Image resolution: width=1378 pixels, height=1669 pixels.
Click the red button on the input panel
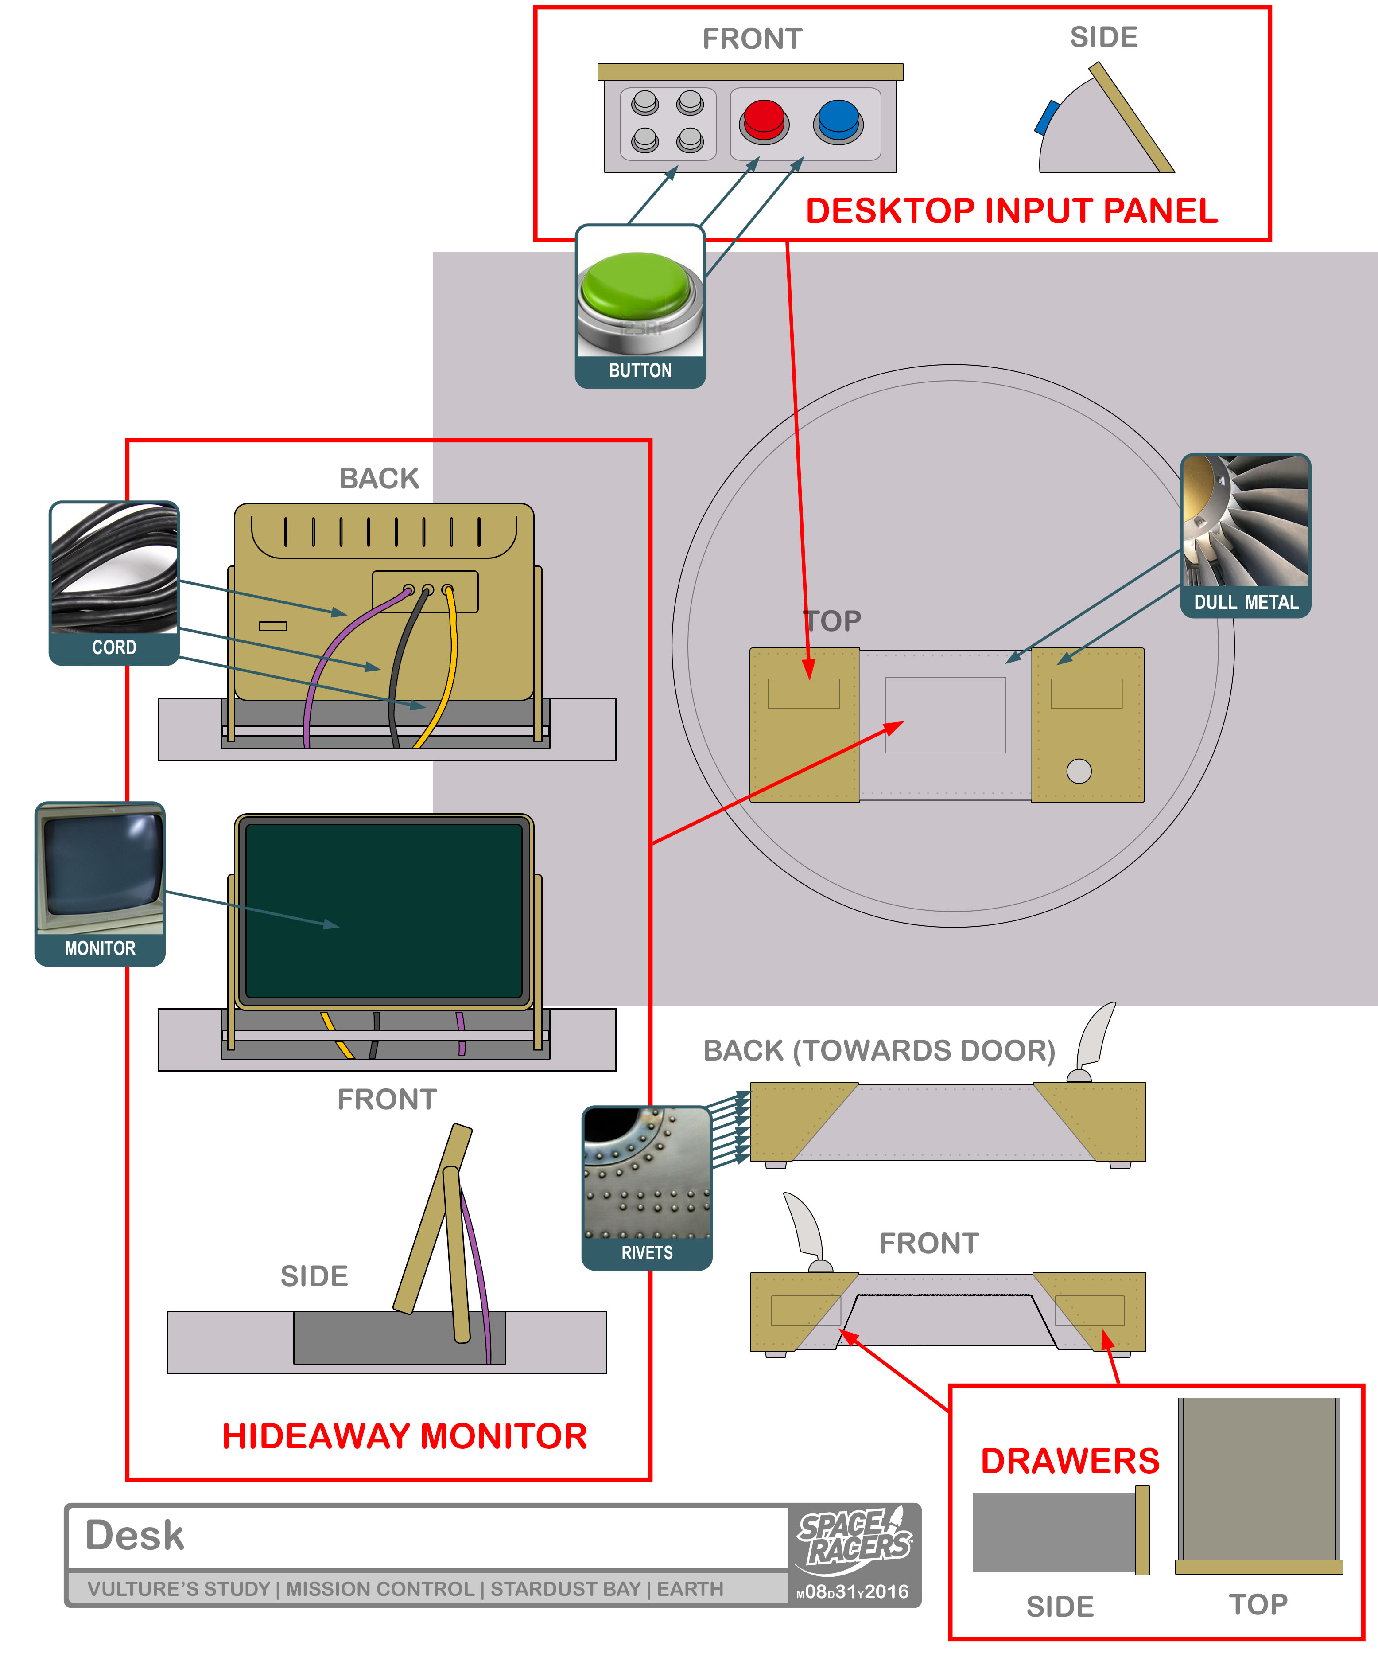[764, 121]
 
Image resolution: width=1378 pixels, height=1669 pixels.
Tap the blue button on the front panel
[838, 121]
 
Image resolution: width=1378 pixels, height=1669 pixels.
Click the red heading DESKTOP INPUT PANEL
[1011, 211]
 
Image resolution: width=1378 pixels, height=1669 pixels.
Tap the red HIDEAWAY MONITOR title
[404, 1435]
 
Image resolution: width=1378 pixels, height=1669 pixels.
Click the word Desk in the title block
[135, 1535]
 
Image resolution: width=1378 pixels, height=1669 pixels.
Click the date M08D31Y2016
[853, 1591]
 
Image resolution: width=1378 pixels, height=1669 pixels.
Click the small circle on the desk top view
[1079, 771]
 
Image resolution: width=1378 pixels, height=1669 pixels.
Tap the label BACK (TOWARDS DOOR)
[879, 1050]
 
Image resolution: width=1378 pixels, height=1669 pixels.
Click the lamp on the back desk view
[1094, 1040]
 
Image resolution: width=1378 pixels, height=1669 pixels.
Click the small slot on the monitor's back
[272, 626]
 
